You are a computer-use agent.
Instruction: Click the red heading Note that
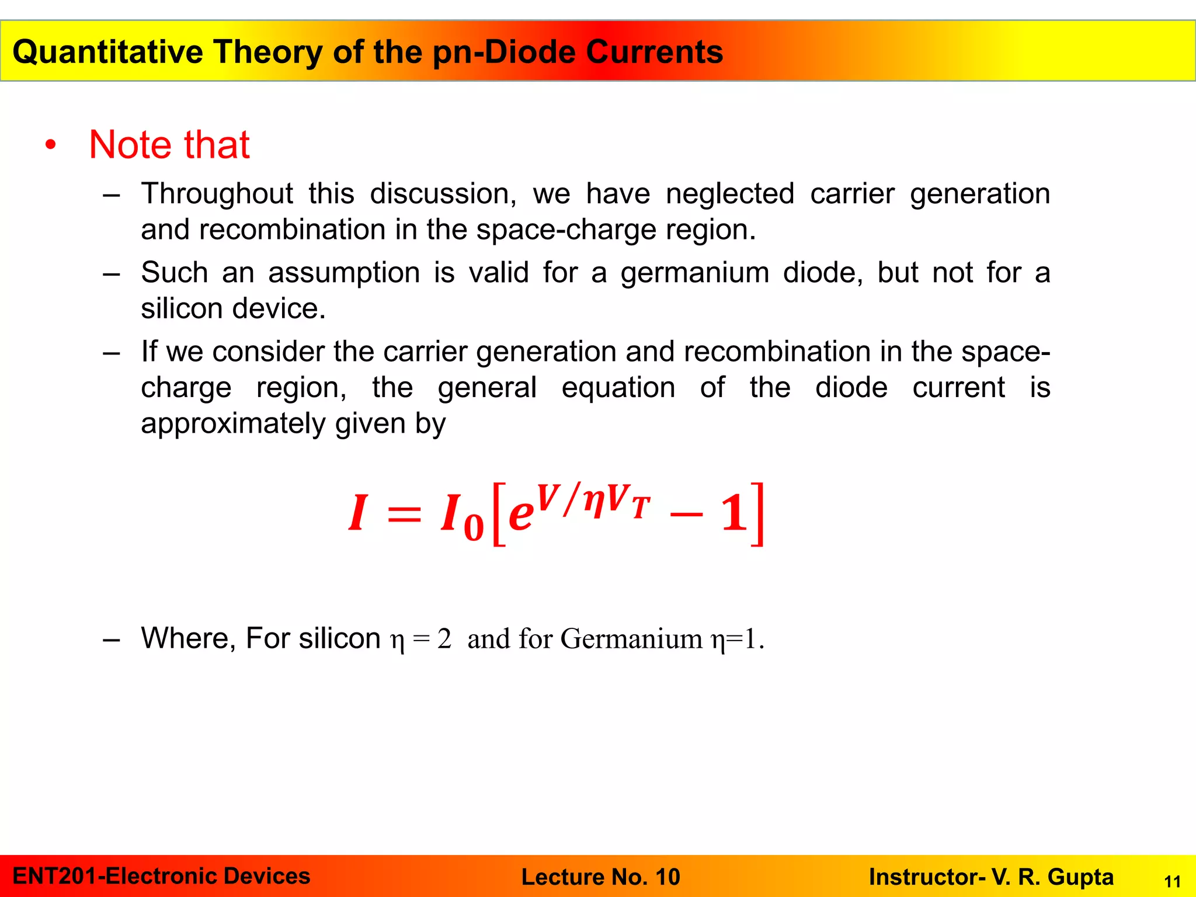click(x=169, y=145)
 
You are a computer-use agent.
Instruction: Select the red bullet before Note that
click(x=51, y=145)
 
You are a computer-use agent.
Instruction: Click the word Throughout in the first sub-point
click(x=217, y=194)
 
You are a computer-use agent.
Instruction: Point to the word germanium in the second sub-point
click(x=694, y=273)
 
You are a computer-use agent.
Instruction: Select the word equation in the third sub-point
click(x=618, y=388)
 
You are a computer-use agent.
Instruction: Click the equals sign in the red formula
click(x=404, y=514)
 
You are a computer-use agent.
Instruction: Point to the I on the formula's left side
click(x=357, y=513)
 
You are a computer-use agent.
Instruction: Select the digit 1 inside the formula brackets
click(x=734, y=513)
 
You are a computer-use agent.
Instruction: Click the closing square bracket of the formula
click(x=757, y=514)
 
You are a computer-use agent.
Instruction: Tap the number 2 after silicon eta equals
click(x=444, y=639)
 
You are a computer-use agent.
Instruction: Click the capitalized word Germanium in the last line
click(x=631, y=639)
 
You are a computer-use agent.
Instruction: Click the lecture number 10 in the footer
click(x=667, y=877)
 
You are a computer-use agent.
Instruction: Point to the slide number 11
click(x=1172, y=882)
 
